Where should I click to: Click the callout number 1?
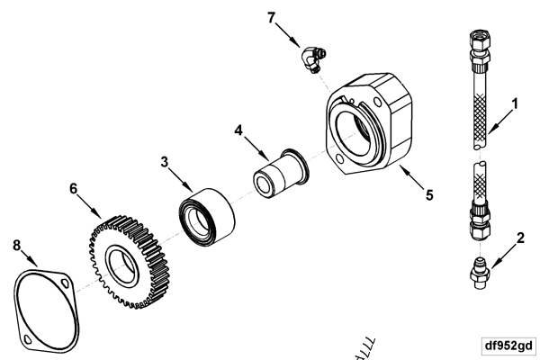[514, 103]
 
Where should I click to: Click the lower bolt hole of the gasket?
[30, 338]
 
